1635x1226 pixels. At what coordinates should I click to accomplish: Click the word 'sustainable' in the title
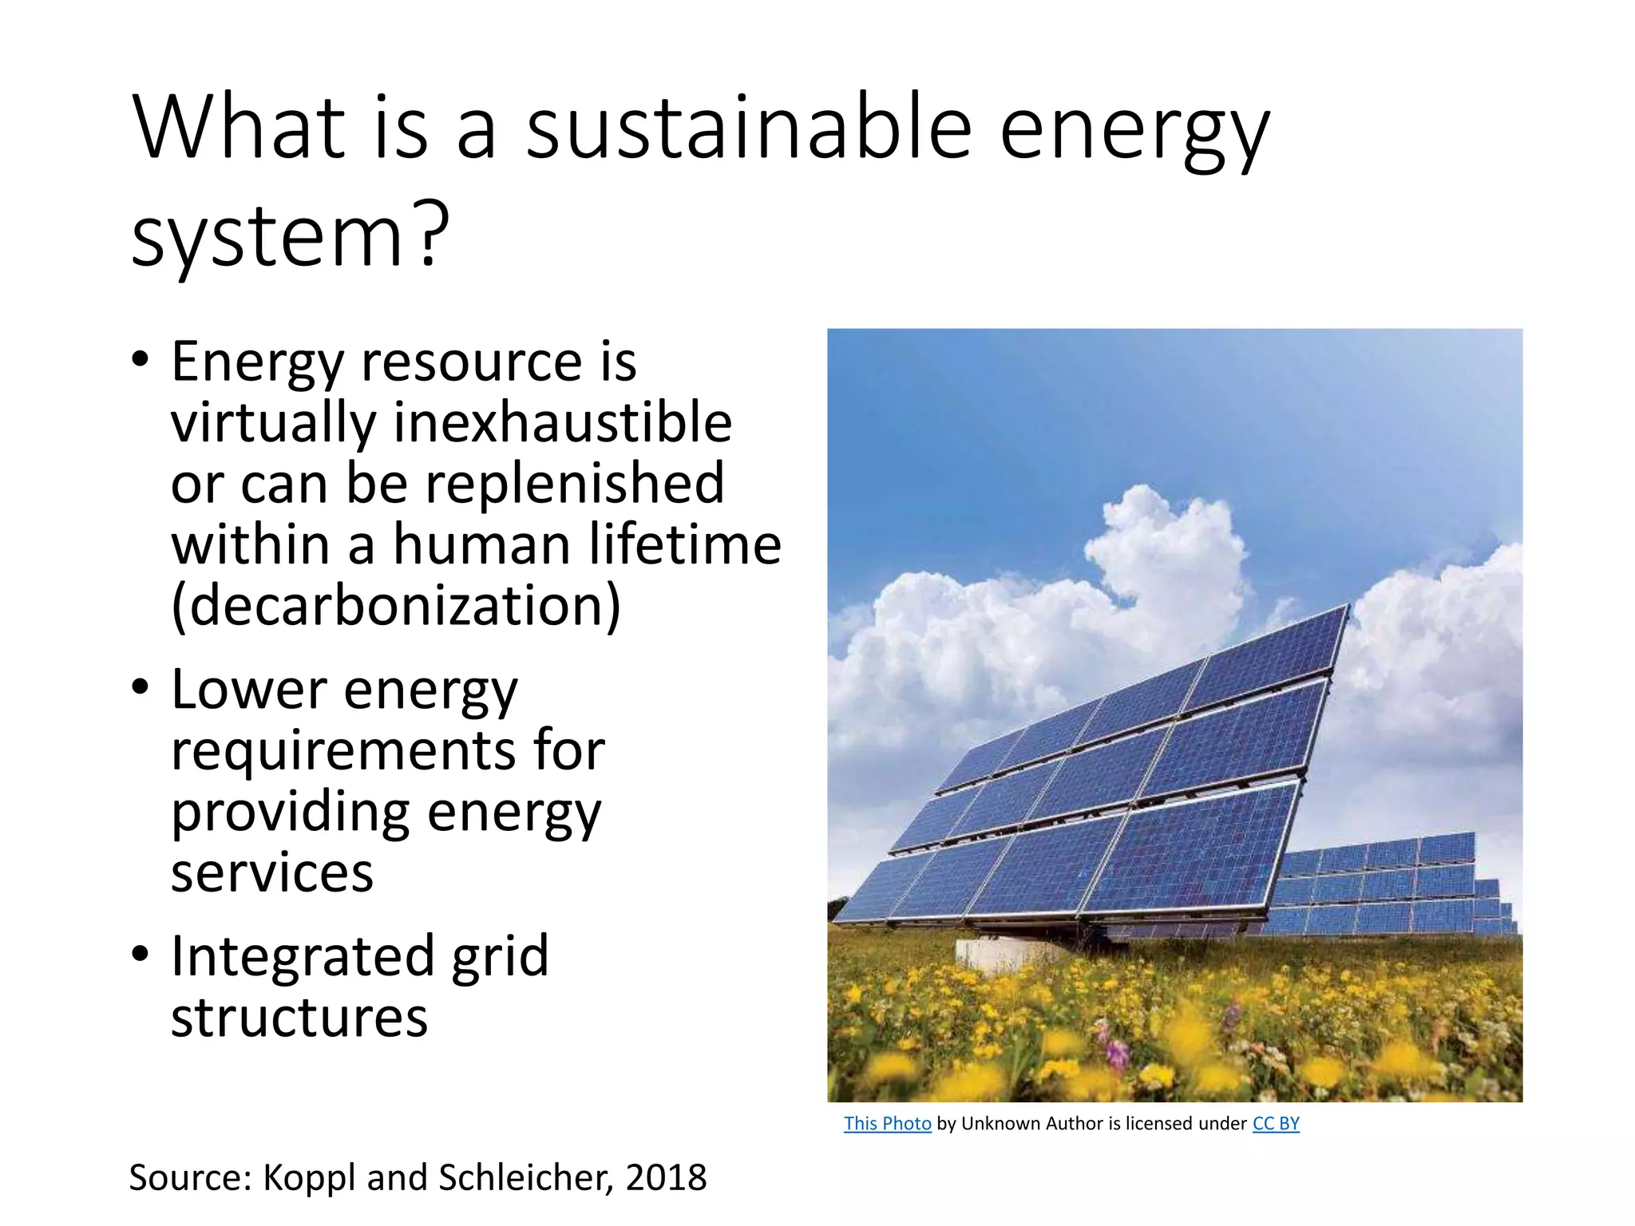[x=748, y=128]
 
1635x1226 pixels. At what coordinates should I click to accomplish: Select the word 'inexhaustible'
[x=562, y=422]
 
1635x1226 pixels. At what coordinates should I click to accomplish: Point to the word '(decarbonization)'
[x=396, y=607]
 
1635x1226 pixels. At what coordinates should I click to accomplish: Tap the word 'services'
[x=271, y=872]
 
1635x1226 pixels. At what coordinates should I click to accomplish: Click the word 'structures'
[x=299, y=1018]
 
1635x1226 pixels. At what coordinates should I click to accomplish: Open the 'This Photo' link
[x=887, y=1124]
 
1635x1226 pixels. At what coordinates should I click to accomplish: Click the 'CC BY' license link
[x=1276, y=1124]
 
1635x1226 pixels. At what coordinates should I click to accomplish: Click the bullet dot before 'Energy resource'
[x=141, y=360]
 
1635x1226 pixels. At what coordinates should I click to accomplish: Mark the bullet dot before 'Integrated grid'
[x=141, y=954]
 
